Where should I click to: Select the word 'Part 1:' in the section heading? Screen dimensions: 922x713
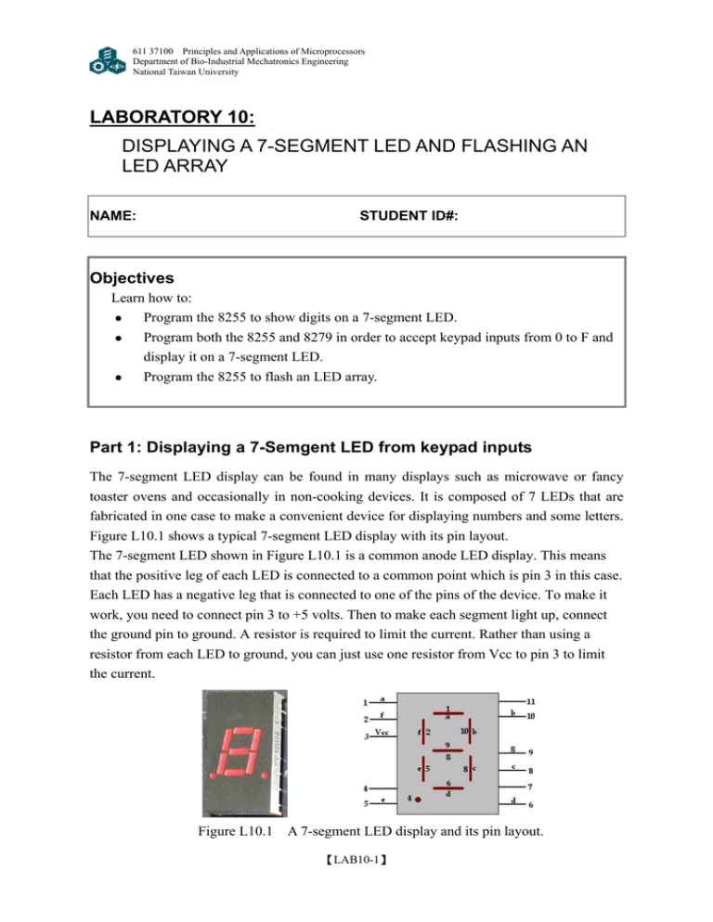(x=118, y=448)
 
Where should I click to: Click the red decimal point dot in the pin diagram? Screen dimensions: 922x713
(x=420, y=800)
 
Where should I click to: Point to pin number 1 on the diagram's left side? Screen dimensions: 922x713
(x=366, y=702)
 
